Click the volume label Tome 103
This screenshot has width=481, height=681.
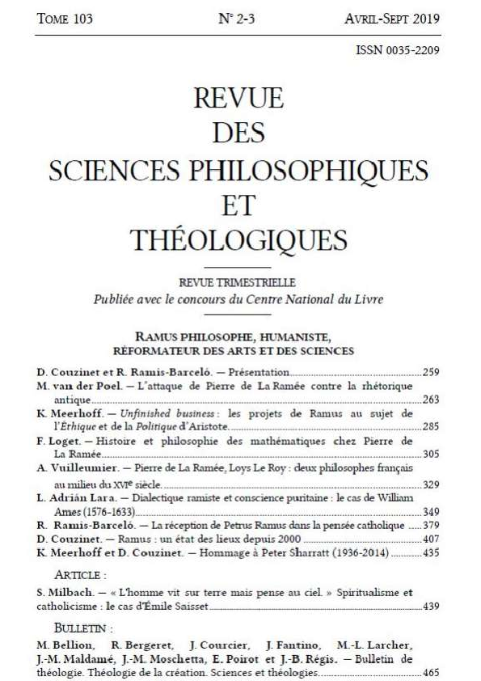pos(64,19)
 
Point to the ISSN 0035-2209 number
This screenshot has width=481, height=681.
pos(398,50)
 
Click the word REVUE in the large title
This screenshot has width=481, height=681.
pos(238,100)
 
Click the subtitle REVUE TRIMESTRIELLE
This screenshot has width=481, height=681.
pos(238,282)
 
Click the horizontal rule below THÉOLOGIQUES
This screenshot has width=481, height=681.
pos(238,266)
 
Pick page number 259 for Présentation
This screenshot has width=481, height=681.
pos(431,373)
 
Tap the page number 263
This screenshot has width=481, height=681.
pos(431,399)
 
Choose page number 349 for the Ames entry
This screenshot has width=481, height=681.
pos(431,512)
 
